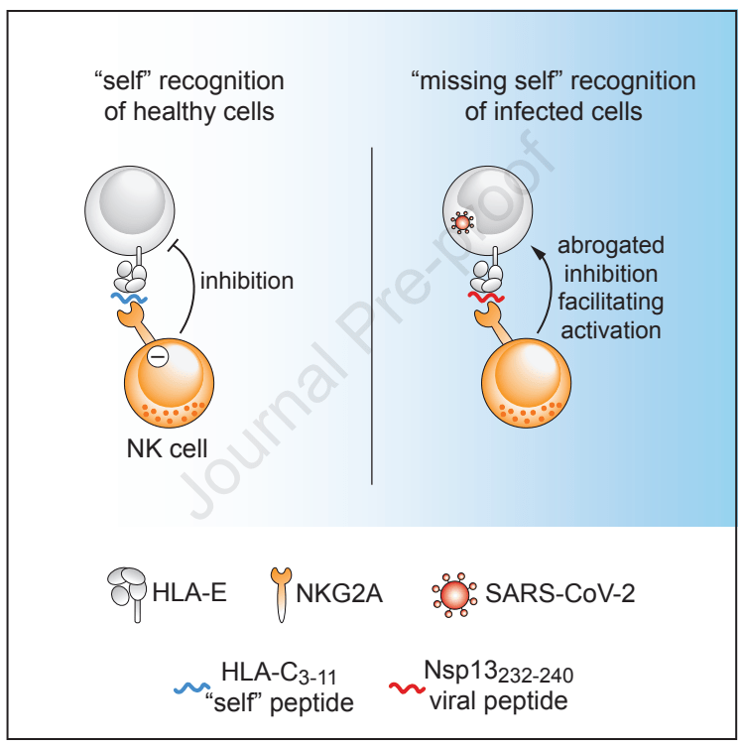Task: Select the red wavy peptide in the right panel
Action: point(486,296)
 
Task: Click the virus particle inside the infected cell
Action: point(461,221)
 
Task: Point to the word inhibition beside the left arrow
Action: point(247,281)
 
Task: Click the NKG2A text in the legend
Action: point(338,594)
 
